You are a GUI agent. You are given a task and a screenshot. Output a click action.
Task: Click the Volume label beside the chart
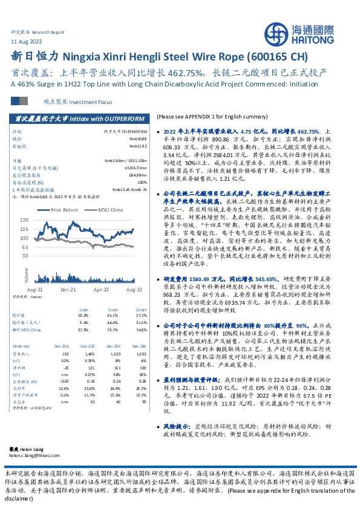tap(26, 275)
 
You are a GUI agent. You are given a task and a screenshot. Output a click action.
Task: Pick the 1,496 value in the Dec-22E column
tap(88, 353)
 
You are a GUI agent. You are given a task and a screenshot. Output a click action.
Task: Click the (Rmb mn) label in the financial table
tap(21, 345)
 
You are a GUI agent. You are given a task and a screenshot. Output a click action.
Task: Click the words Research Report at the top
tap(48, 31)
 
